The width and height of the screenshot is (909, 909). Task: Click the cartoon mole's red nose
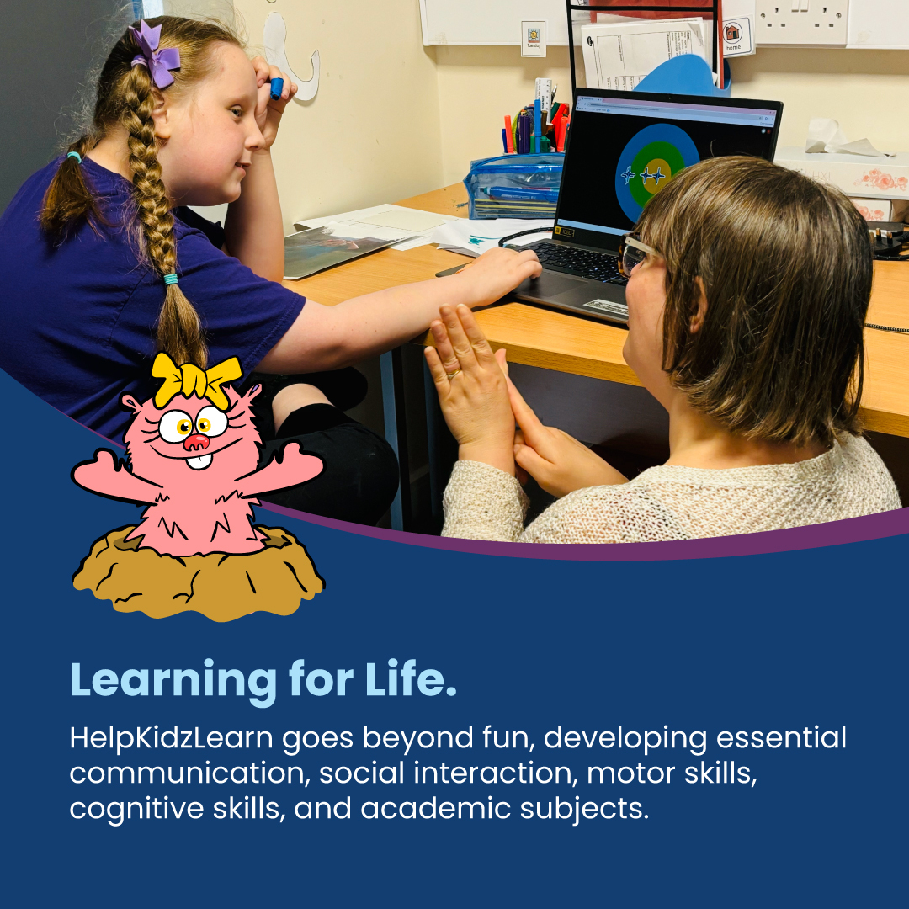tap(196, 441)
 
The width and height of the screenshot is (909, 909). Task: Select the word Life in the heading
tap(407, 679)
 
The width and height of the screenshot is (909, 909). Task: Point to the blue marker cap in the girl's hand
tap(276, 88)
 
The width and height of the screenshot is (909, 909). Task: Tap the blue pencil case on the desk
tap(514, 186)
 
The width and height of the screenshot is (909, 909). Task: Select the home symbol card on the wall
tap(734, 35)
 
